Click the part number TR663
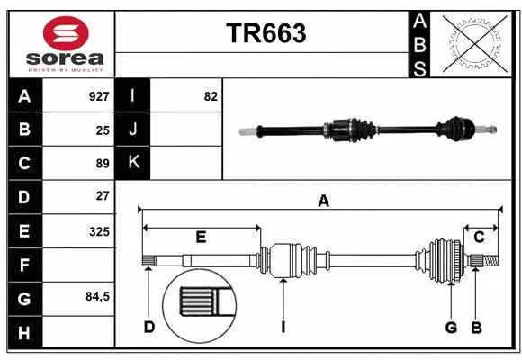click(x=265, y=33)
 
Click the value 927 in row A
click(x=98, y=96)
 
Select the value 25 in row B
click(x=103, y=130)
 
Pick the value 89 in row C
click(x=103, y=164)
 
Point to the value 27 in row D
click(x=103, y=196)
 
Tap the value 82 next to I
click(x=211, y=96)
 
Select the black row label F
click(x=24, y=265)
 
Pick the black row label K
click(x=133, y=163)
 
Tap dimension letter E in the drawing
click(x=201, y=237)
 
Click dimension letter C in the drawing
click(x=480, y=237)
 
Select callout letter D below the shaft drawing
click(x=149, y=327)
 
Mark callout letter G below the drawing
click(x=451, y=327)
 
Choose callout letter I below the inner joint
click(x=283, y=327)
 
